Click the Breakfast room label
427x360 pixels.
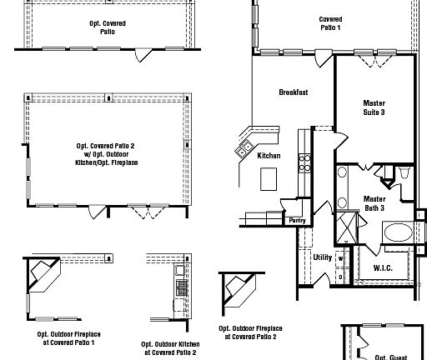click(294, 92)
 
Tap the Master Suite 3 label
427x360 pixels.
click(374, 108)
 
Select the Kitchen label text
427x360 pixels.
click(269, 156)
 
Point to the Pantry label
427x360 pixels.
click(297, 221)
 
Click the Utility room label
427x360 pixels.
click(322, 257)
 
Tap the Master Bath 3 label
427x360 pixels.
click(374, 203)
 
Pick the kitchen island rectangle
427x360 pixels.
click(269, 177)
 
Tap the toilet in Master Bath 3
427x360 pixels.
click(404, 173)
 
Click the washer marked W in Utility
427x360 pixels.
click(340, 258)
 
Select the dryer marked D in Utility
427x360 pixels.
click(340, 275)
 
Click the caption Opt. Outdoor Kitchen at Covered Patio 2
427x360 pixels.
click(169, 347)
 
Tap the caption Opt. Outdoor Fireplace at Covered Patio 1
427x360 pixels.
click(65, 338)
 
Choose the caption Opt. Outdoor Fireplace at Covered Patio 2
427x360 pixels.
click(248, 332)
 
